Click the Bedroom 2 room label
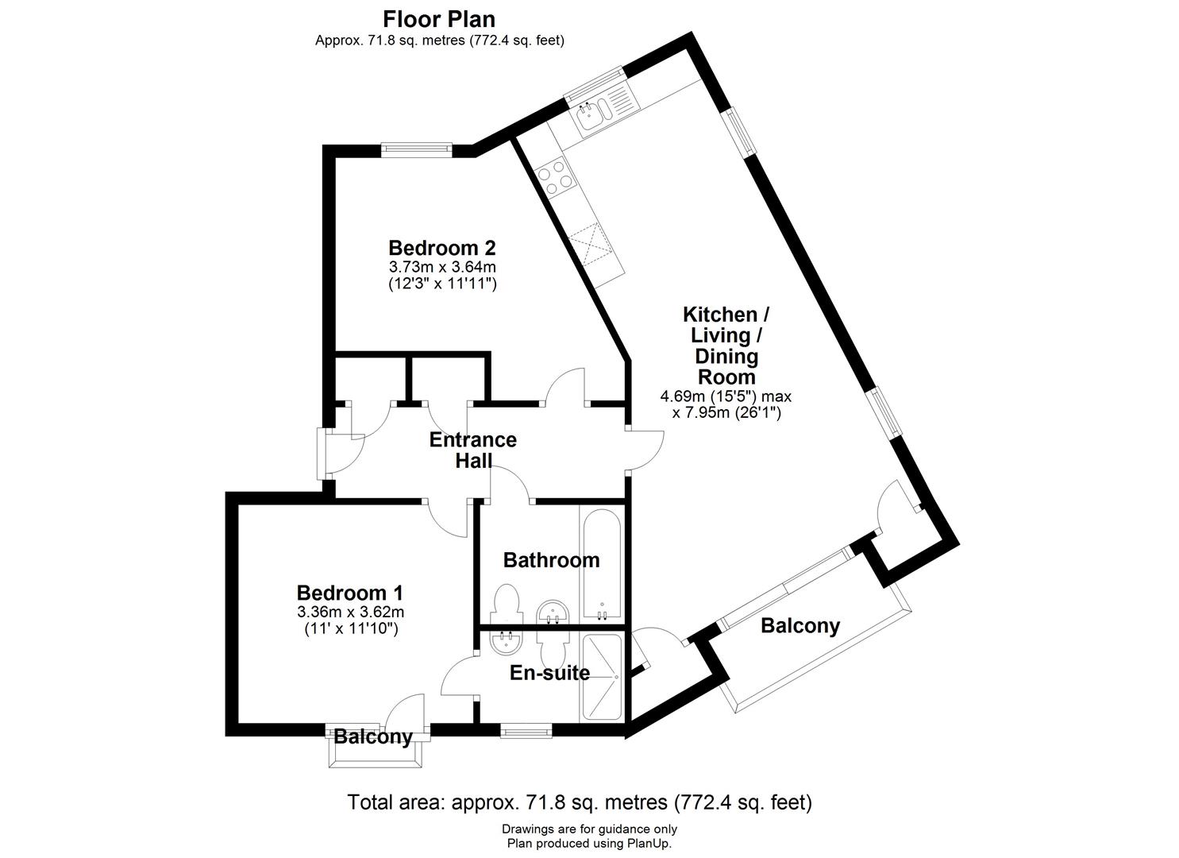441,247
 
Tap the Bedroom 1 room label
350,593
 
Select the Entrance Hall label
473,450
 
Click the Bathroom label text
551,560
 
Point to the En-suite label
549,673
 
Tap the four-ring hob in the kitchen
554,175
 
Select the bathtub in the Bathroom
603,564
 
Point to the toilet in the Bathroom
506,603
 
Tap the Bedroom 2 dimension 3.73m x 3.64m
442,267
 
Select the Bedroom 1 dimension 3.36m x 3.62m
350,612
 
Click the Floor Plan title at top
439,18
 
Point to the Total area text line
580,802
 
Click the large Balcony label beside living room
799,626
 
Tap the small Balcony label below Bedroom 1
373,736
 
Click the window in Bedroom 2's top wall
417,147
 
